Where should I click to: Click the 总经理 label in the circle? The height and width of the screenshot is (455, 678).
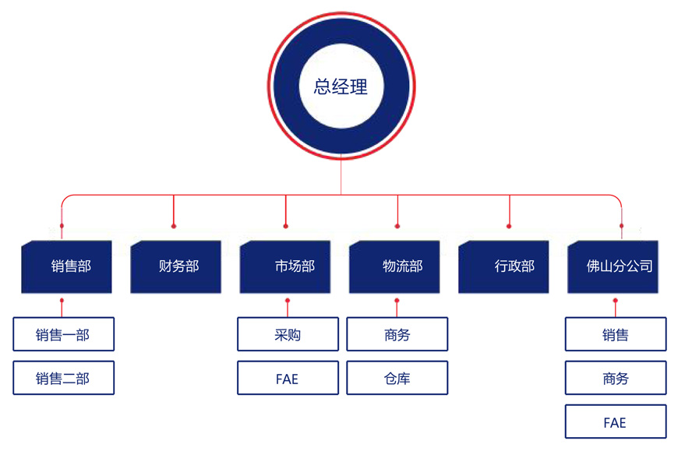pos(341,86)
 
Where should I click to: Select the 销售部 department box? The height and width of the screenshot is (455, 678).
pos(67,266)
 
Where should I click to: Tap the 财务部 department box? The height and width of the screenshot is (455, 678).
pos(176,266)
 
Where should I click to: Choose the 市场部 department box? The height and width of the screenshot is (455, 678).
pos(286,266)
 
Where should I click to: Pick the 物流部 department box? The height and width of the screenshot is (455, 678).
pos(397,266)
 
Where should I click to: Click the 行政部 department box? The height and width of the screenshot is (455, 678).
pos(505,266)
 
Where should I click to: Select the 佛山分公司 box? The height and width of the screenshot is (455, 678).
pos(615,266)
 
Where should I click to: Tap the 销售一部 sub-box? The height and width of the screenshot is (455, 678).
pos(63,335)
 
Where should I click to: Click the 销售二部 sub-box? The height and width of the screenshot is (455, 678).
pos(63,379)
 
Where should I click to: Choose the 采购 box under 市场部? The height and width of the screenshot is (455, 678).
pos(288,335)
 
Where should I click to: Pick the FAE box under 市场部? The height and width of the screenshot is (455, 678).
pos(288,379)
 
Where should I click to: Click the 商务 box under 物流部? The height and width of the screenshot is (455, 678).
pos(397,335)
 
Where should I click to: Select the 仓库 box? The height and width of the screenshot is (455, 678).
pos(397,379)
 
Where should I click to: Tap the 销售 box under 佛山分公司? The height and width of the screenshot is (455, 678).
pos(616,335)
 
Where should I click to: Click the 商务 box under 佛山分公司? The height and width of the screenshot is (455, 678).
pos(616,379)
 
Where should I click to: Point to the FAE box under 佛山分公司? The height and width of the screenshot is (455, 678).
pos(616,423)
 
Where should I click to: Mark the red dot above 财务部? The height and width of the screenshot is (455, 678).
pos(174,226)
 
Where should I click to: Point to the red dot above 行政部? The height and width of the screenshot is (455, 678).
pos(510,226)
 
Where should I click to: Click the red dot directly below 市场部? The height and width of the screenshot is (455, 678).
pos(288,300)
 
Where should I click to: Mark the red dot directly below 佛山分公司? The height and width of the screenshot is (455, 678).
pos(616,300)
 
